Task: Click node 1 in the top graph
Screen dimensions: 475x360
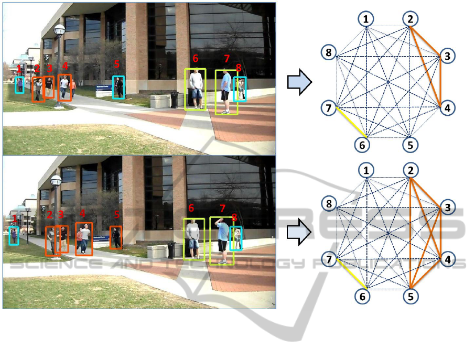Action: [x=366, y=19]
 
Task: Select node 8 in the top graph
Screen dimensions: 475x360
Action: [x=328, y=52]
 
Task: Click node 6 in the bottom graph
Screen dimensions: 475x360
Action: [x=366, y=296]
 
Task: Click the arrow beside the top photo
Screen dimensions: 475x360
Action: [x=300, y=83]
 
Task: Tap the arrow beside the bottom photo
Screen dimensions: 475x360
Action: [x=300, y=233]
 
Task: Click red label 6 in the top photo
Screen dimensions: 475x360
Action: [x=196, y=58]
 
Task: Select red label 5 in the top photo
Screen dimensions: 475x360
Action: [x=117, y=64]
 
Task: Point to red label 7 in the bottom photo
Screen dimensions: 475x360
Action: [x=222, y=209]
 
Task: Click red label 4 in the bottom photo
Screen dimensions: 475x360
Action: [x=82, y=213]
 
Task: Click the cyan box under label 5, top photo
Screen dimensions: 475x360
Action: [x=118, y=88]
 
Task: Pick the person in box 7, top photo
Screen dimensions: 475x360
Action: [x=226, y=91]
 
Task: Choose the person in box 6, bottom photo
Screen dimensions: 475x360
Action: [x=194, y=238]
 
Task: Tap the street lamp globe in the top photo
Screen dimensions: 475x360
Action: [x=59, y=30]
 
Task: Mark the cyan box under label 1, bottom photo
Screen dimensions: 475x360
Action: [x=14, y=235]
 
